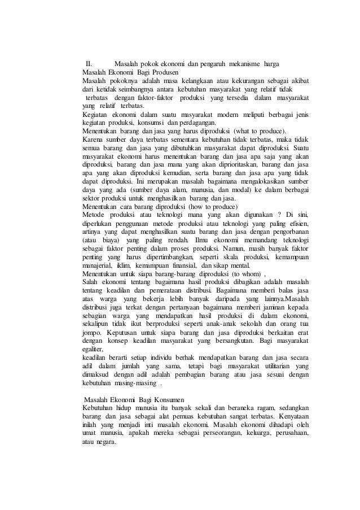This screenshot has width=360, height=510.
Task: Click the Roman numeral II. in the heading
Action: (x=88, y=62)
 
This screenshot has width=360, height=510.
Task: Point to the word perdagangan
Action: (x=196, y=122)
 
